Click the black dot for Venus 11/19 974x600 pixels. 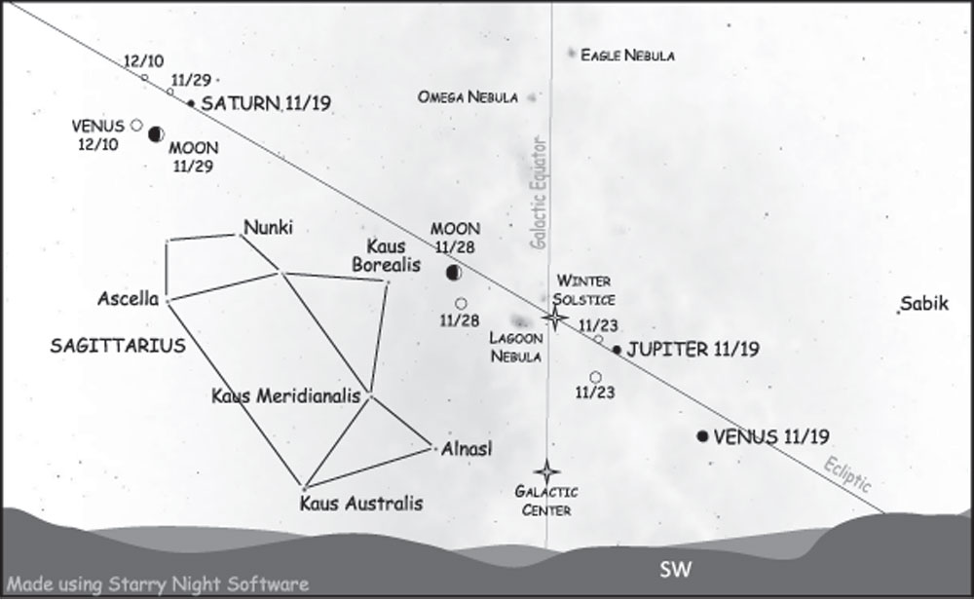click(x=703, y=436)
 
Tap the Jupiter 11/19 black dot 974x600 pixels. click(x=617, y=350)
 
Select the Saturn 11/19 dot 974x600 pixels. click(x=191, y=102)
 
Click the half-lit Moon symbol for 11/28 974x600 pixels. click(x=453, y=274)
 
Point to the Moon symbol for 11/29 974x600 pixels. click(x=156, y=133)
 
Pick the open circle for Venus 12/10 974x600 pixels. click(x=136, y=125)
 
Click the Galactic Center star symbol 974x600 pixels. click(x=547, y=472)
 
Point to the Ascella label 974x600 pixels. click(x=128, y=298)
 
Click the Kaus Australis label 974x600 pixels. click(x=361, y=505)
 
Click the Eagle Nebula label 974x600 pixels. click(x=627, y=56)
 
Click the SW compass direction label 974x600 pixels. click(x=675, y=570)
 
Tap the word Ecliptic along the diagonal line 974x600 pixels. click(x=845, y=472)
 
